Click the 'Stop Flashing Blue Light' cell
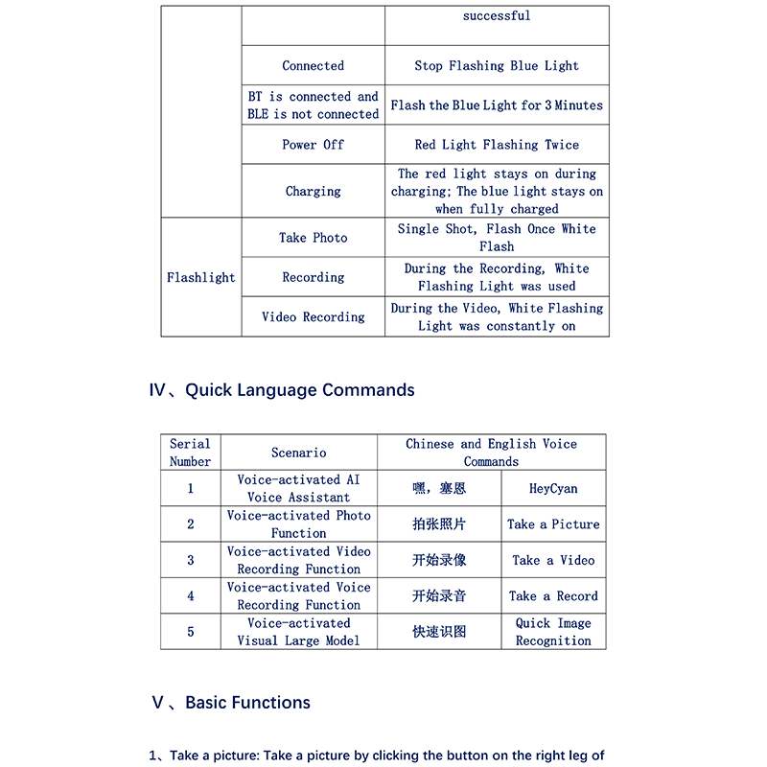pyautogui.click(x=497, y=66)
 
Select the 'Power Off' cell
pyautogui.click(x=313, y=145)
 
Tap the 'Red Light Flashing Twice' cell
pyautogui.click(x=497, y=145)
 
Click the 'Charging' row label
pyautogui.click(x=313, y=192)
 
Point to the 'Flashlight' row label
pyautogui.click(x=201, y=278)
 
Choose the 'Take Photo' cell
pyautogui.click(x=313, y=238)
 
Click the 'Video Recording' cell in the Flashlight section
pyautogui.click(x=313, y=317)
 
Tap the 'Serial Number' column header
pyautogui.click(x=190, y=453)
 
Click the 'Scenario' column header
pyautogui.click(x=298, y=453)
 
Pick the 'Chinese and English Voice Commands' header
pyautogui.click(x=491, y=453)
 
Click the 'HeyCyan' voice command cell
pyautogui.click(x=553, y=489)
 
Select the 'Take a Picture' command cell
pyautogui.click(x=553, y=524)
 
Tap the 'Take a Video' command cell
pyautogui.click(x=553, y=561)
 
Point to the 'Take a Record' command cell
pyautogui.click(x=553, y=596)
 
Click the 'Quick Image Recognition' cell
pyautogui.click(x=553, y=632)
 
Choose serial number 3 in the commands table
pyautogui.click(x=190, y=561)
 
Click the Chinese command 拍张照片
pyautogui.click(x=439, y=524)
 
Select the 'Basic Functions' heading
pyautogui.click(x=247, y=703)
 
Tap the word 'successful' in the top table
pyautogui.click(x=497, y=16)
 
